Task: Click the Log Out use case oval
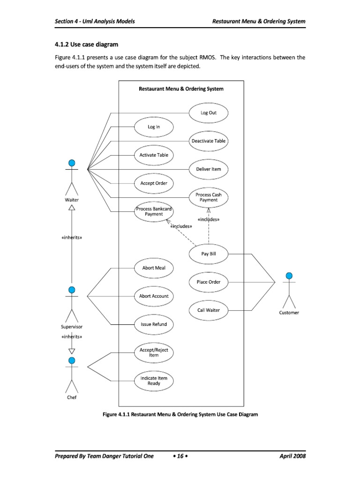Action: [x=209, y=113]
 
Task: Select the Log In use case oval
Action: [x=154, y=127]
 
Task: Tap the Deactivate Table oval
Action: [x=209, y=141]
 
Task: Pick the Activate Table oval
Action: [x=154, y=155]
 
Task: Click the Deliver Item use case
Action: [x=209, y=169]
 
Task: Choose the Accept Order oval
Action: [x=154, y=183]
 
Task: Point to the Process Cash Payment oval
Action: [x=209, y=197]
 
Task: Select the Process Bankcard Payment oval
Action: [x=154, y=211]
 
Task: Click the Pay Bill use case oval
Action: [x=209, y=254]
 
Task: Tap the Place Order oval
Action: [x=209, y=282]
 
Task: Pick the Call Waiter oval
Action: [x=209, y=310]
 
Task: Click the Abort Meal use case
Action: [x=154, y=268]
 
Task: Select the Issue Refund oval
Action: [x=154, y=324]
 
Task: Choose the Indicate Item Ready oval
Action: [x=154, y=381]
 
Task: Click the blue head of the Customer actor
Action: [x=289, y=275]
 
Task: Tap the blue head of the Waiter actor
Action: [x=72, y=163]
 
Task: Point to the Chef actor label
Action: [x=71, y=397]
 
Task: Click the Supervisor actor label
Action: [x=72, y=326]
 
